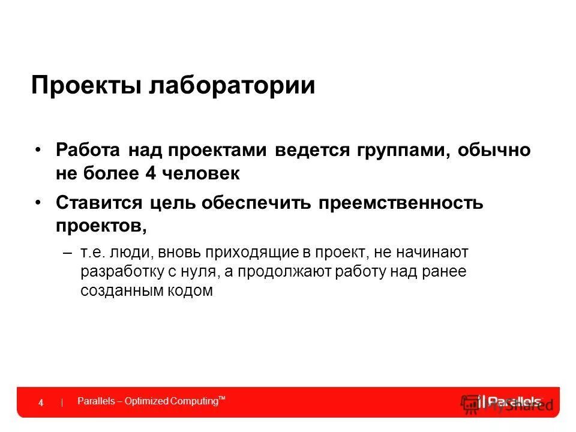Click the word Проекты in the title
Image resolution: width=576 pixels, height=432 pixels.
pyautogui.click(x=86, y=85)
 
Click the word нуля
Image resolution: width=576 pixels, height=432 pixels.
pyautogui.click(x=198, y=271)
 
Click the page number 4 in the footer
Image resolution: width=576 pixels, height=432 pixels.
pyautogui.click(x=41, y=403)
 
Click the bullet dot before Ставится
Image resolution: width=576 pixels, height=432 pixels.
pyautogui.click(x=38, y=203)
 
